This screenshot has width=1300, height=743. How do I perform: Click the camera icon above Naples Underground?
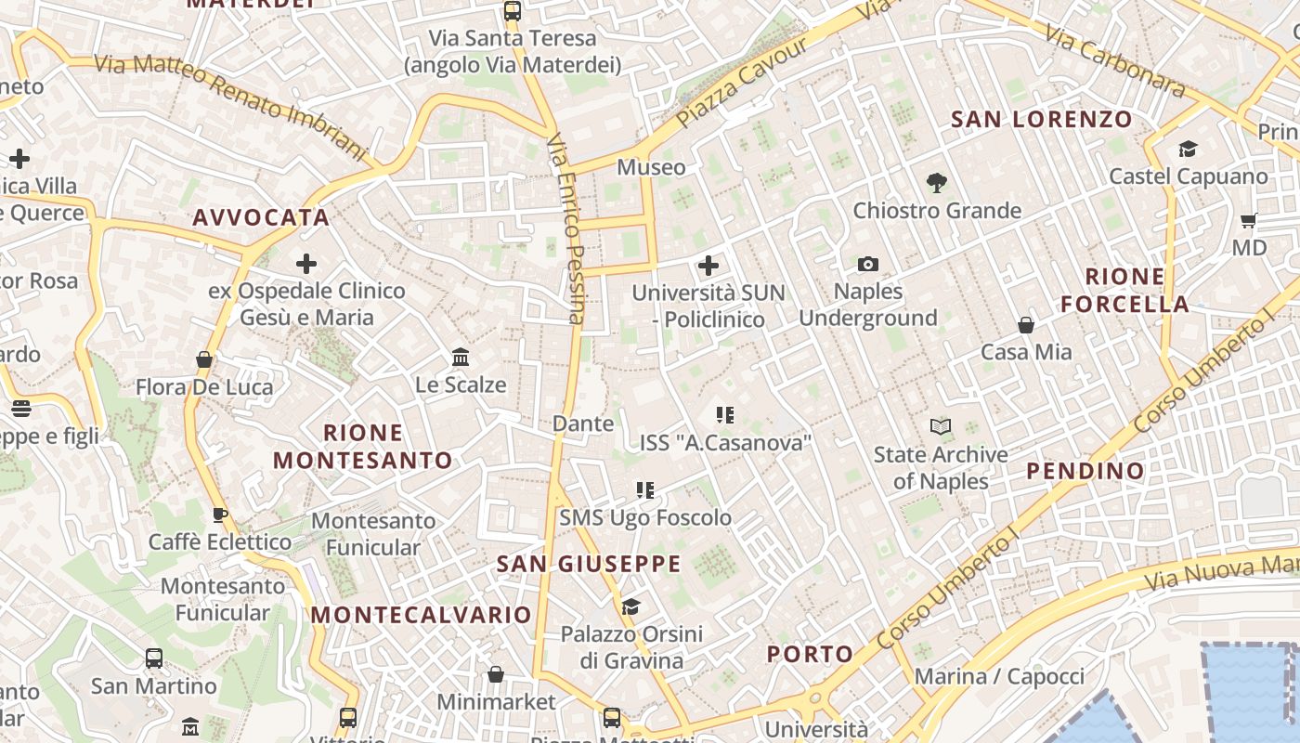pos(868,265)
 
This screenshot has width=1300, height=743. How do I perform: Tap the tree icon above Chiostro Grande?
pos(936,183)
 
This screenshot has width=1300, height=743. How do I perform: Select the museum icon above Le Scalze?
pos(460,357)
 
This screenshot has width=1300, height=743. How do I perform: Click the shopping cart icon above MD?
pos(1249,221)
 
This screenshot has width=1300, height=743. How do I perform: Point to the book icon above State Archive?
pos(941,427)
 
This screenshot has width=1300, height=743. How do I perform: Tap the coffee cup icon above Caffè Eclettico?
pos(220,515)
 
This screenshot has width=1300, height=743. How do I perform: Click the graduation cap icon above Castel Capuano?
pos(1188,150)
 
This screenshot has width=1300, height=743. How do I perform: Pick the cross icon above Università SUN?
pos(708,267)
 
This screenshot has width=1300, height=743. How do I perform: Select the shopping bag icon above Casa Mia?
pos(1026,325)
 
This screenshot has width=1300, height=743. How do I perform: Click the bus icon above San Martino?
pos(154,658)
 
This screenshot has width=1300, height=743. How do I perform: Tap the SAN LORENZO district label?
pos(1042,119)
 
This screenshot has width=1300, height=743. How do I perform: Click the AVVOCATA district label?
pos(261,217)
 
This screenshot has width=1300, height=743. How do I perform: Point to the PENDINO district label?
pos(1085,471)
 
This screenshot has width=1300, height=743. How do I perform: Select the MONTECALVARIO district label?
pos(421,615)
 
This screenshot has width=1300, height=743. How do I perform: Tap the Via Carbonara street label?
pos(1115,61)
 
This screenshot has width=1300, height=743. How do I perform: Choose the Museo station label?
pos(651,167)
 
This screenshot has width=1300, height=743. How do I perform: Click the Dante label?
pos(583,424)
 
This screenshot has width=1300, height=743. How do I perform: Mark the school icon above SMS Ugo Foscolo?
pos(645,489)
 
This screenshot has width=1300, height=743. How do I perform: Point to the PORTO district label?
pos(810,654)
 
